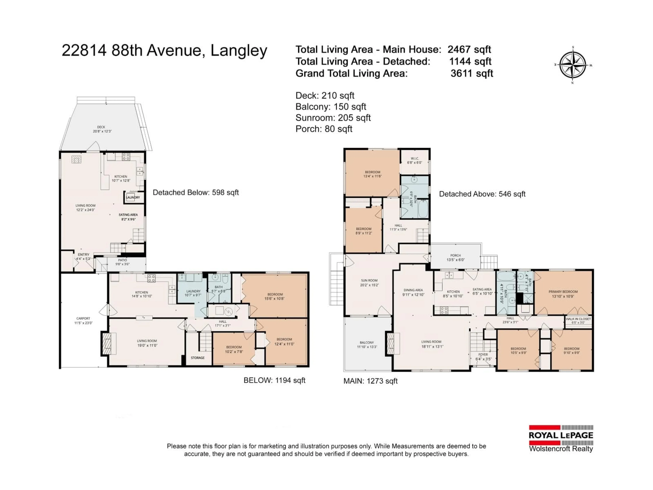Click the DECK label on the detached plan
101,127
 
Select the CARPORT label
83,318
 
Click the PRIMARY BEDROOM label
563,291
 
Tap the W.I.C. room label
415,159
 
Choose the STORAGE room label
197,358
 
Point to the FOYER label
483,354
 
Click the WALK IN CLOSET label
578,319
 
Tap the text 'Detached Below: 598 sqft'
195,193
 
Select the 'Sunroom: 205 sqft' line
333,118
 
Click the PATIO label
122,260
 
